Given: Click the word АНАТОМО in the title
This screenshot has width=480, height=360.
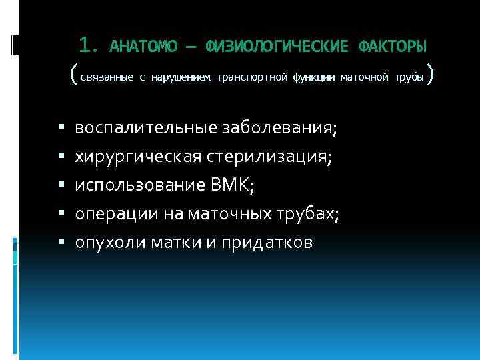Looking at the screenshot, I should [143, 47].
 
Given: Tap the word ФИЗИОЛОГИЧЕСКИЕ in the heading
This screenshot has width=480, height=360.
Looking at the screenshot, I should [277, 47].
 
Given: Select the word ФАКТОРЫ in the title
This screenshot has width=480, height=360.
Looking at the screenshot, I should [393, 47].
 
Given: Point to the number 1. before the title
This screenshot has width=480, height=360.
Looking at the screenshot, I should [89, 46].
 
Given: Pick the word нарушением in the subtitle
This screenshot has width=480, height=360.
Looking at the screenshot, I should [179, 77].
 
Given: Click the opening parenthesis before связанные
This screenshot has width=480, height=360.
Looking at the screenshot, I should [73, 75].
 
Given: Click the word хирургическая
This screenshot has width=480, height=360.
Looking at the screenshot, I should [133, 157].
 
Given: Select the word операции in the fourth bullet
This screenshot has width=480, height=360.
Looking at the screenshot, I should [107, 215].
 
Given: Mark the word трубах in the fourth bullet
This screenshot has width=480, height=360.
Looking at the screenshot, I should [314, 215].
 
